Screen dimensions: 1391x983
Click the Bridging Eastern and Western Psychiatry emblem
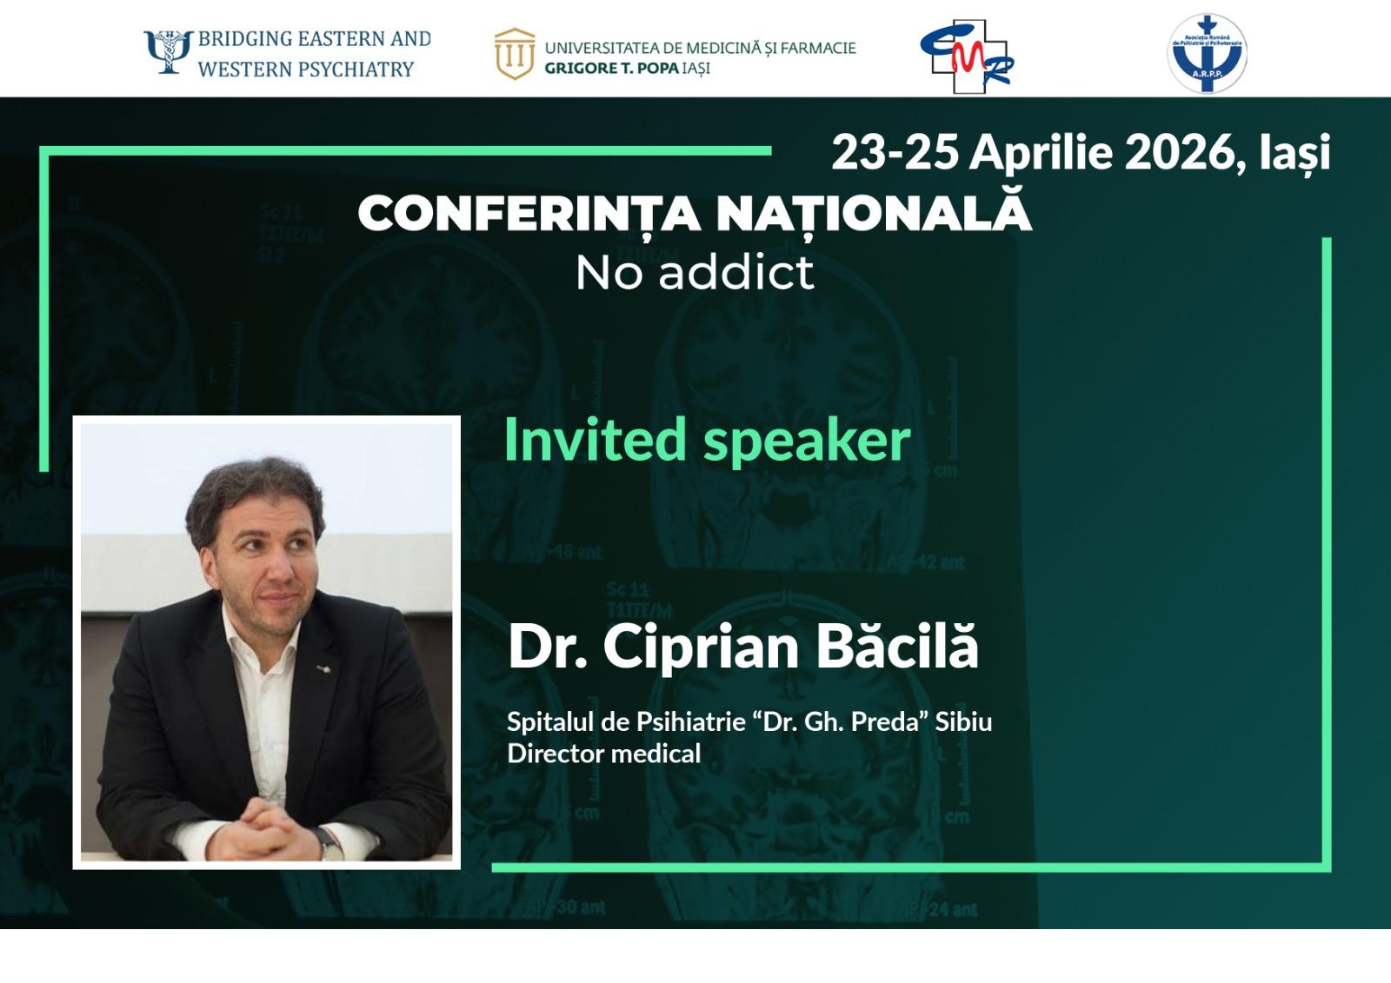click(168, 52)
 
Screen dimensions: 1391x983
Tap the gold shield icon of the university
click(514, 54)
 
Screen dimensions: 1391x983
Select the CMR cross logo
click(967, 56)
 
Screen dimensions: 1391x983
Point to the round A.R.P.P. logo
click(1207, 54)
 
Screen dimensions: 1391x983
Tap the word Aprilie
click(1041, 154)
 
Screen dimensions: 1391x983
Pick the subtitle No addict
click(695, 273)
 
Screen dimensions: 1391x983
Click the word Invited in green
click(595, 439)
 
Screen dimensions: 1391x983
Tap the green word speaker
click(807, 442)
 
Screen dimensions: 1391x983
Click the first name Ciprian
click(701, 648)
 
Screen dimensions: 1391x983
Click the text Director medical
click(603, 754)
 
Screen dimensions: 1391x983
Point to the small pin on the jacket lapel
click(323, 668)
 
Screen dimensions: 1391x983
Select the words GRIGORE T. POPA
click(611, 69)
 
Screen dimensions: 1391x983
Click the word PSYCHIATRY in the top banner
click(361, 69)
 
